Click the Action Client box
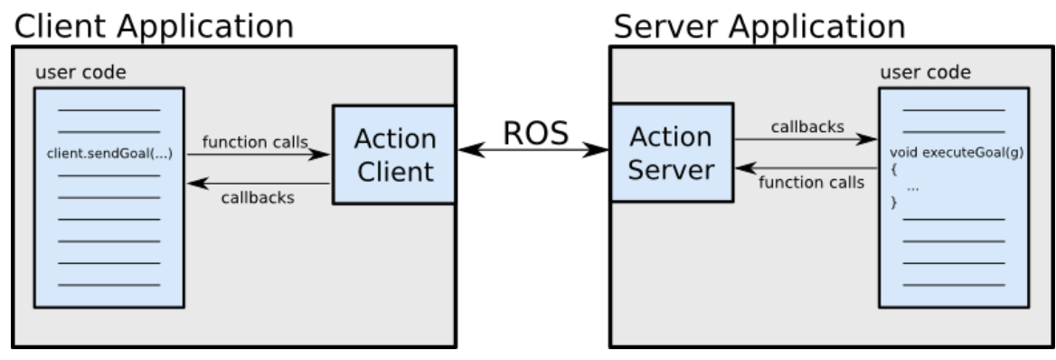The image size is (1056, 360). coord(393,154)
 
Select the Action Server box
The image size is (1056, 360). coord(669,154)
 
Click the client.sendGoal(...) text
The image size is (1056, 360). coord(108,155)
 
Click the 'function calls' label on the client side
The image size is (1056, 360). coord(255,141)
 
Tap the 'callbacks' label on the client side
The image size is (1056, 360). coord(258,197)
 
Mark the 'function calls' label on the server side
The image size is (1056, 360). coord(805,182)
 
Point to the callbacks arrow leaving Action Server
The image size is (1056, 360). coord(805,140)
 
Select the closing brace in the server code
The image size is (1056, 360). coord(895,204)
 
